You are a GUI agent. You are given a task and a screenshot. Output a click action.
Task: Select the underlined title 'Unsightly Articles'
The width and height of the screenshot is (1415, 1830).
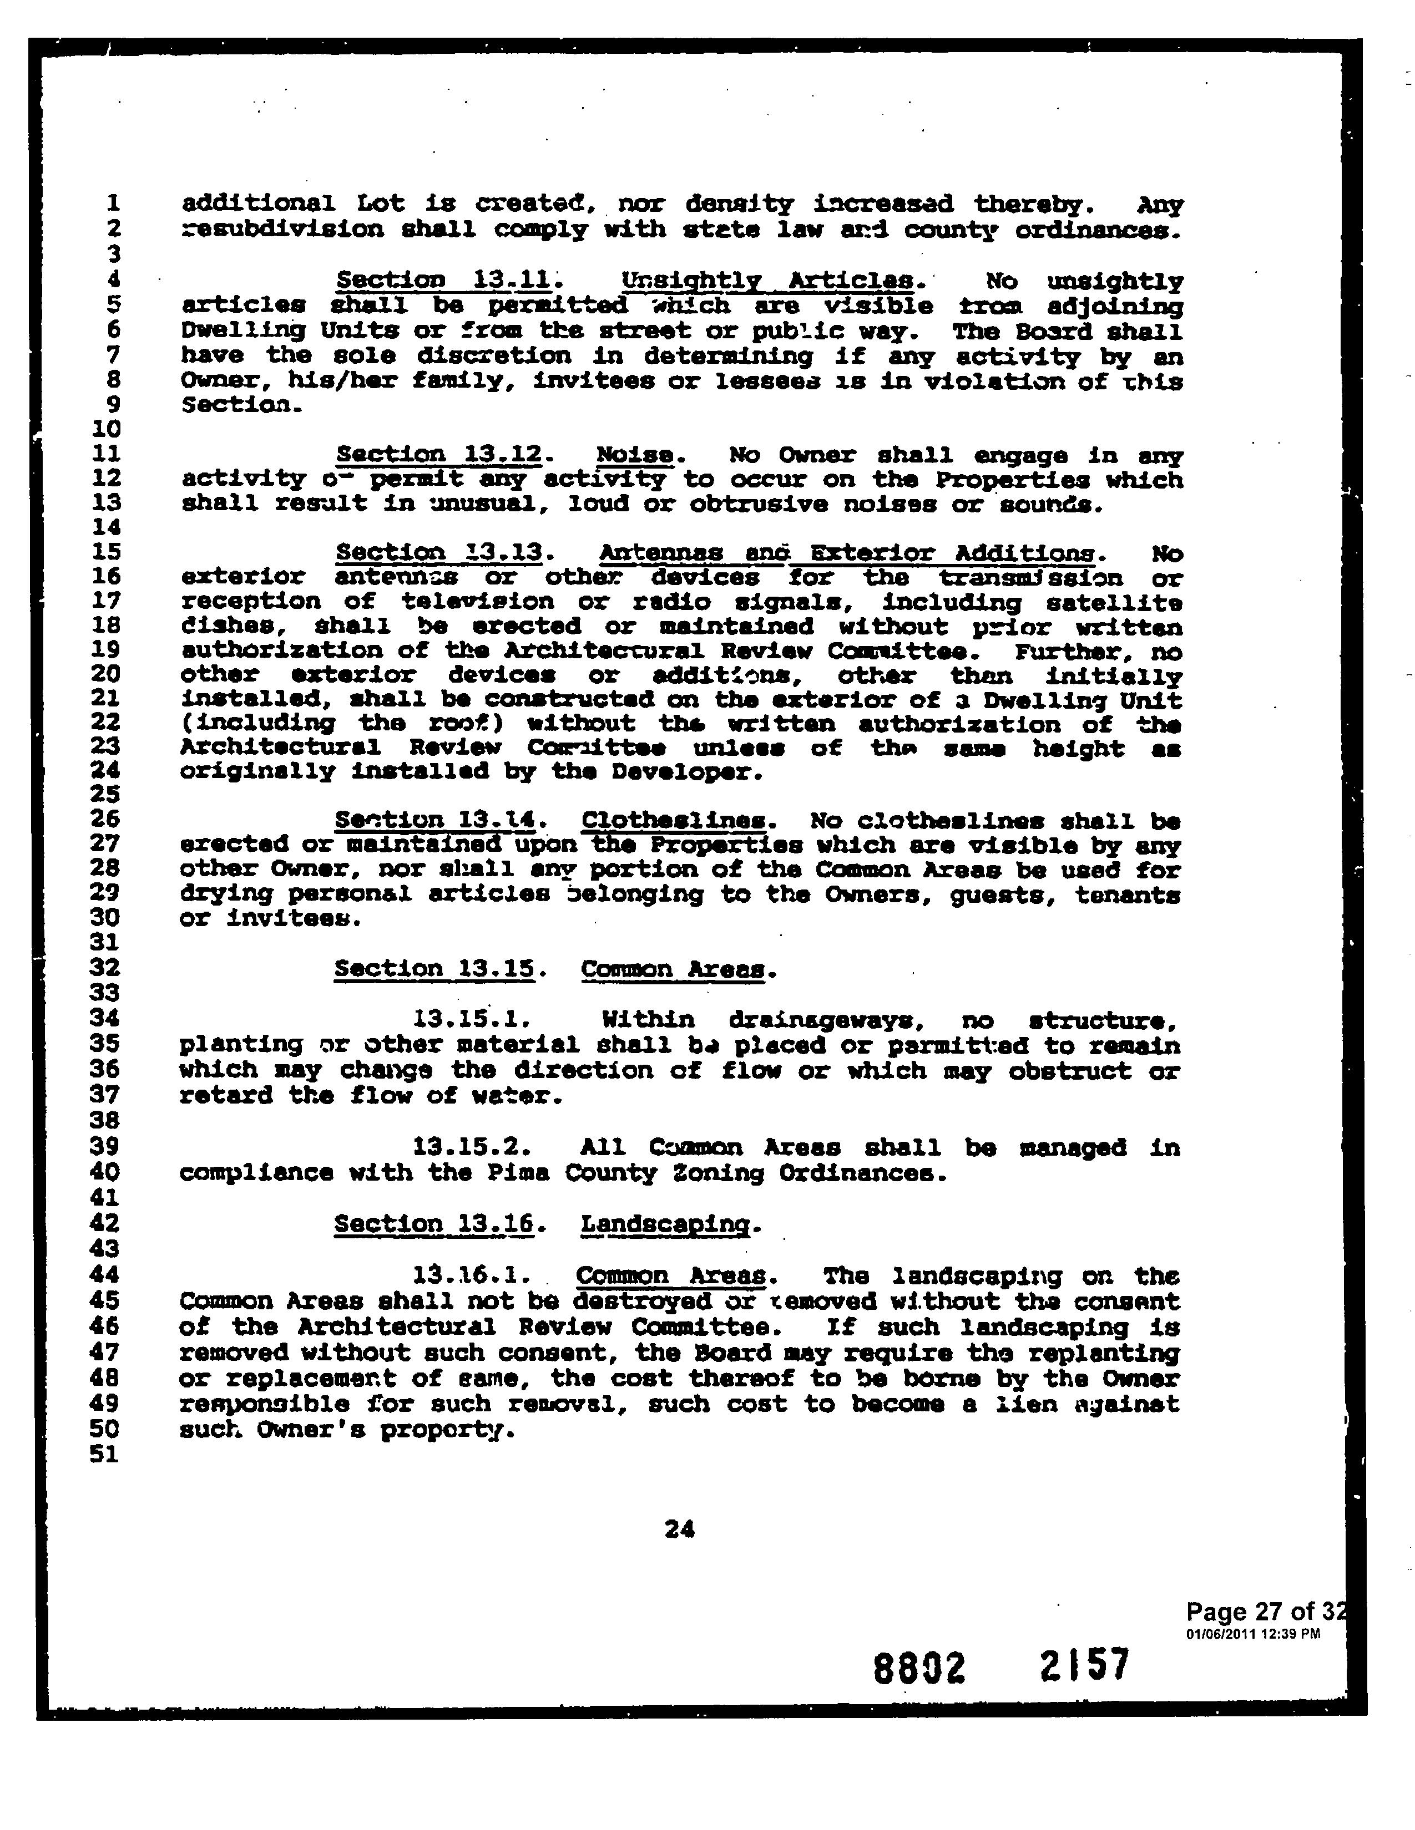tap(767, 281)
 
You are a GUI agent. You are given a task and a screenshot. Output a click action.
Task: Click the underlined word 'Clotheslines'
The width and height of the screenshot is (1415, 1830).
tap(673, 820)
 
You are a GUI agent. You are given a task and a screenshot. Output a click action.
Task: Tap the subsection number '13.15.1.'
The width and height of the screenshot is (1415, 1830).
tap(471, 1020)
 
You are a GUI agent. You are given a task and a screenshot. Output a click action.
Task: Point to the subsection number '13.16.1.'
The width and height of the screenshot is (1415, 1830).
tap(471, 1276)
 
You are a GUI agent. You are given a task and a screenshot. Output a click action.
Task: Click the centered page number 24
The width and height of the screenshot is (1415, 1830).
tap(679, 1530)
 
